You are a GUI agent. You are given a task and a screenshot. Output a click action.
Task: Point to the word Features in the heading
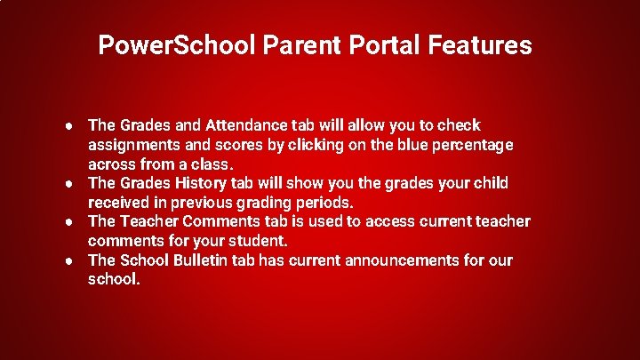click(480, 45)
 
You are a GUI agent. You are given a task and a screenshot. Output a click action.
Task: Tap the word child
click(490, 184)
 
